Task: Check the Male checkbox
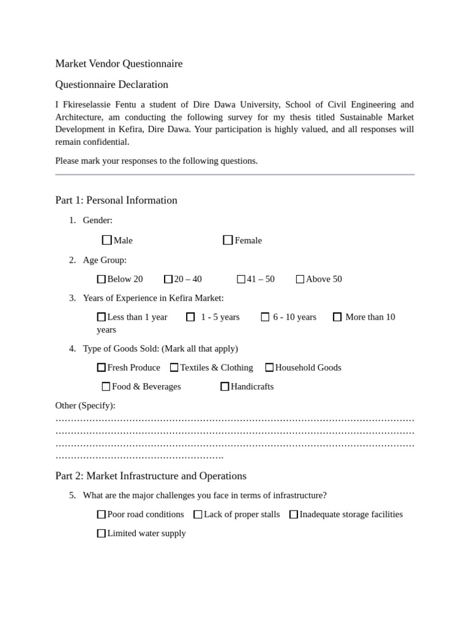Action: [x=107, y=240]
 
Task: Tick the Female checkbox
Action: [x=228, y=240]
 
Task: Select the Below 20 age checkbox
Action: [x=102, y=279]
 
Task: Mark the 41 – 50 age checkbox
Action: [x=241, y=279]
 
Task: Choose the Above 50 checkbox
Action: [x=300, y=279]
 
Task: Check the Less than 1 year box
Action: [x=102, y=317]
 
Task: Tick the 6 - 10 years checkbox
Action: [x=265, y=317]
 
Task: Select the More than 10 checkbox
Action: [x=337, y=317]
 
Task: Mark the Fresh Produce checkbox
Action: [x=102, y=367]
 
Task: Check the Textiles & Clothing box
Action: [x=174, y=367]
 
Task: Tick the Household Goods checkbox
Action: [x=269, y=367]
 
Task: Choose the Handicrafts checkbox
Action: [x=225, y=386]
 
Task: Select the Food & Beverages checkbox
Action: [x=106, y=386]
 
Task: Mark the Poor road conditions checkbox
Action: [x=102, y=515]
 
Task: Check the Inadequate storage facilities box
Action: [x=294, y=515]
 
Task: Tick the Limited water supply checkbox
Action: [x=102, y=534]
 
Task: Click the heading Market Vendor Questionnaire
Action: [x=119, y=64]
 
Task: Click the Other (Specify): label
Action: [x=85, y=405]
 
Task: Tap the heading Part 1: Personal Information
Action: [x=116, y=200]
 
